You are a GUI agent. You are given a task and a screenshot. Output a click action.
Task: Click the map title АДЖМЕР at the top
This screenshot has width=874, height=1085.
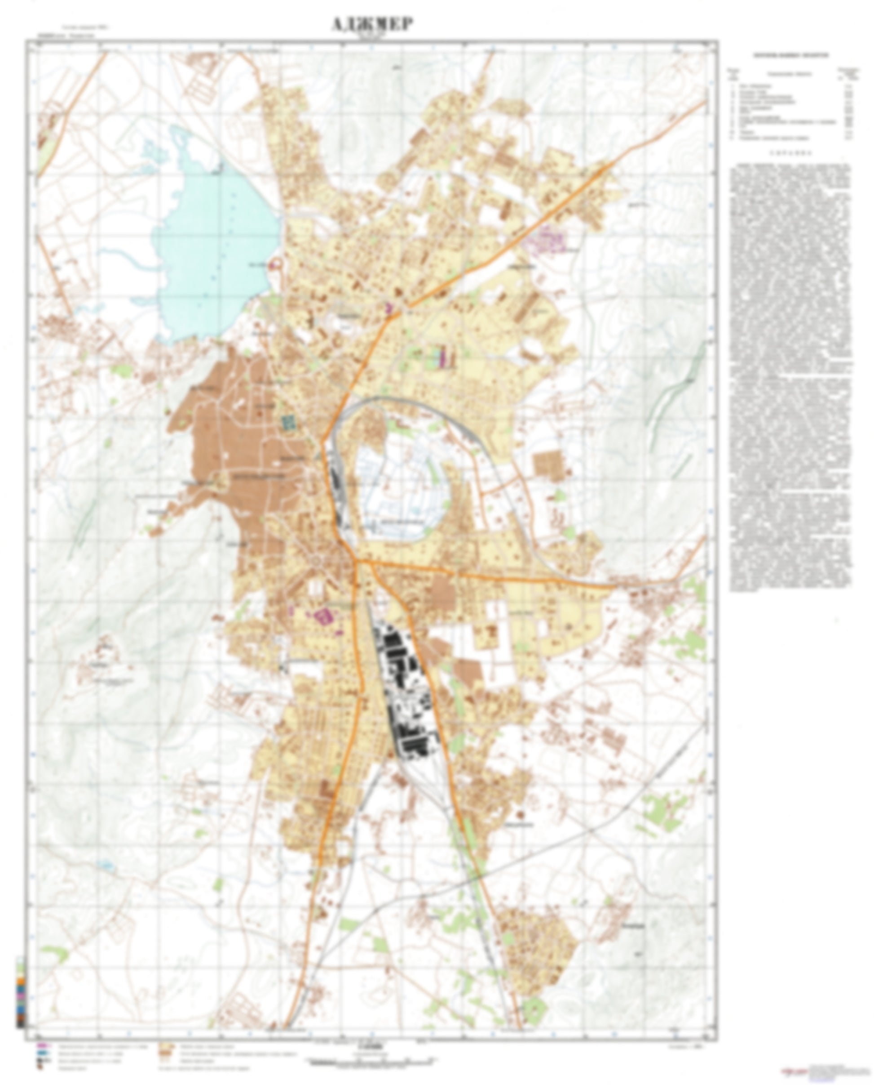371,25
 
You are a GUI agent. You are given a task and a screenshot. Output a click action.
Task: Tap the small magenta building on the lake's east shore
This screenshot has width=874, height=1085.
274,263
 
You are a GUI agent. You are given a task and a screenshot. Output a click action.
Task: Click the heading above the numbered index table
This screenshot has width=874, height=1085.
790,55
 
